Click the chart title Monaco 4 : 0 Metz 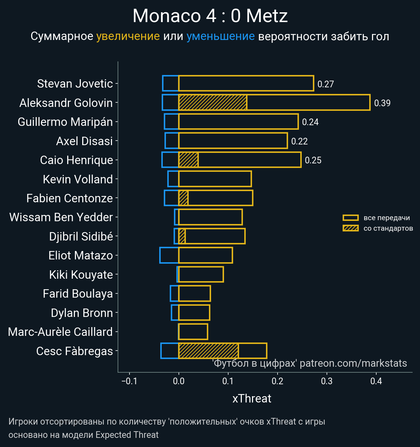point(210,16)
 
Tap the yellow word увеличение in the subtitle point(128,36)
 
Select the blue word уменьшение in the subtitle point(220,36)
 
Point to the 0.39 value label point(382,103)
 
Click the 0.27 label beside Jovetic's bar point(325,84)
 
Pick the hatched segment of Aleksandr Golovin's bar point(213,102)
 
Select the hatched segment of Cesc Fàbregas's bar point(209,351)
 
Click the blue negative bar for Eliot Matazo point(169,255)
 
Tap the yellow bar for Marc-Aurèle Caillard point(193,332)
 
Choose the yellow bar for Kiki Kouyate point(201,274)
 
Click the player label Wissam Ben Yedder point(61,217)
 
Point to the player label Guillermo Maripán point(65,122)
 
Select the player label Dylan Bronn point(82,313)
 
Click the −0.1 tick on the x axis point(129,381)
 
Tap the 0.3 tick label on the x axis point(327,381)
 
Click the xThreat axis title point(252,399)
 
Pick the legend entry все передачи point(386,218)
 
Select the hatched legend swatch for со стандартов point(351,228)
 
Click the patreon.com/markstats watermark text point(353,363)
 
